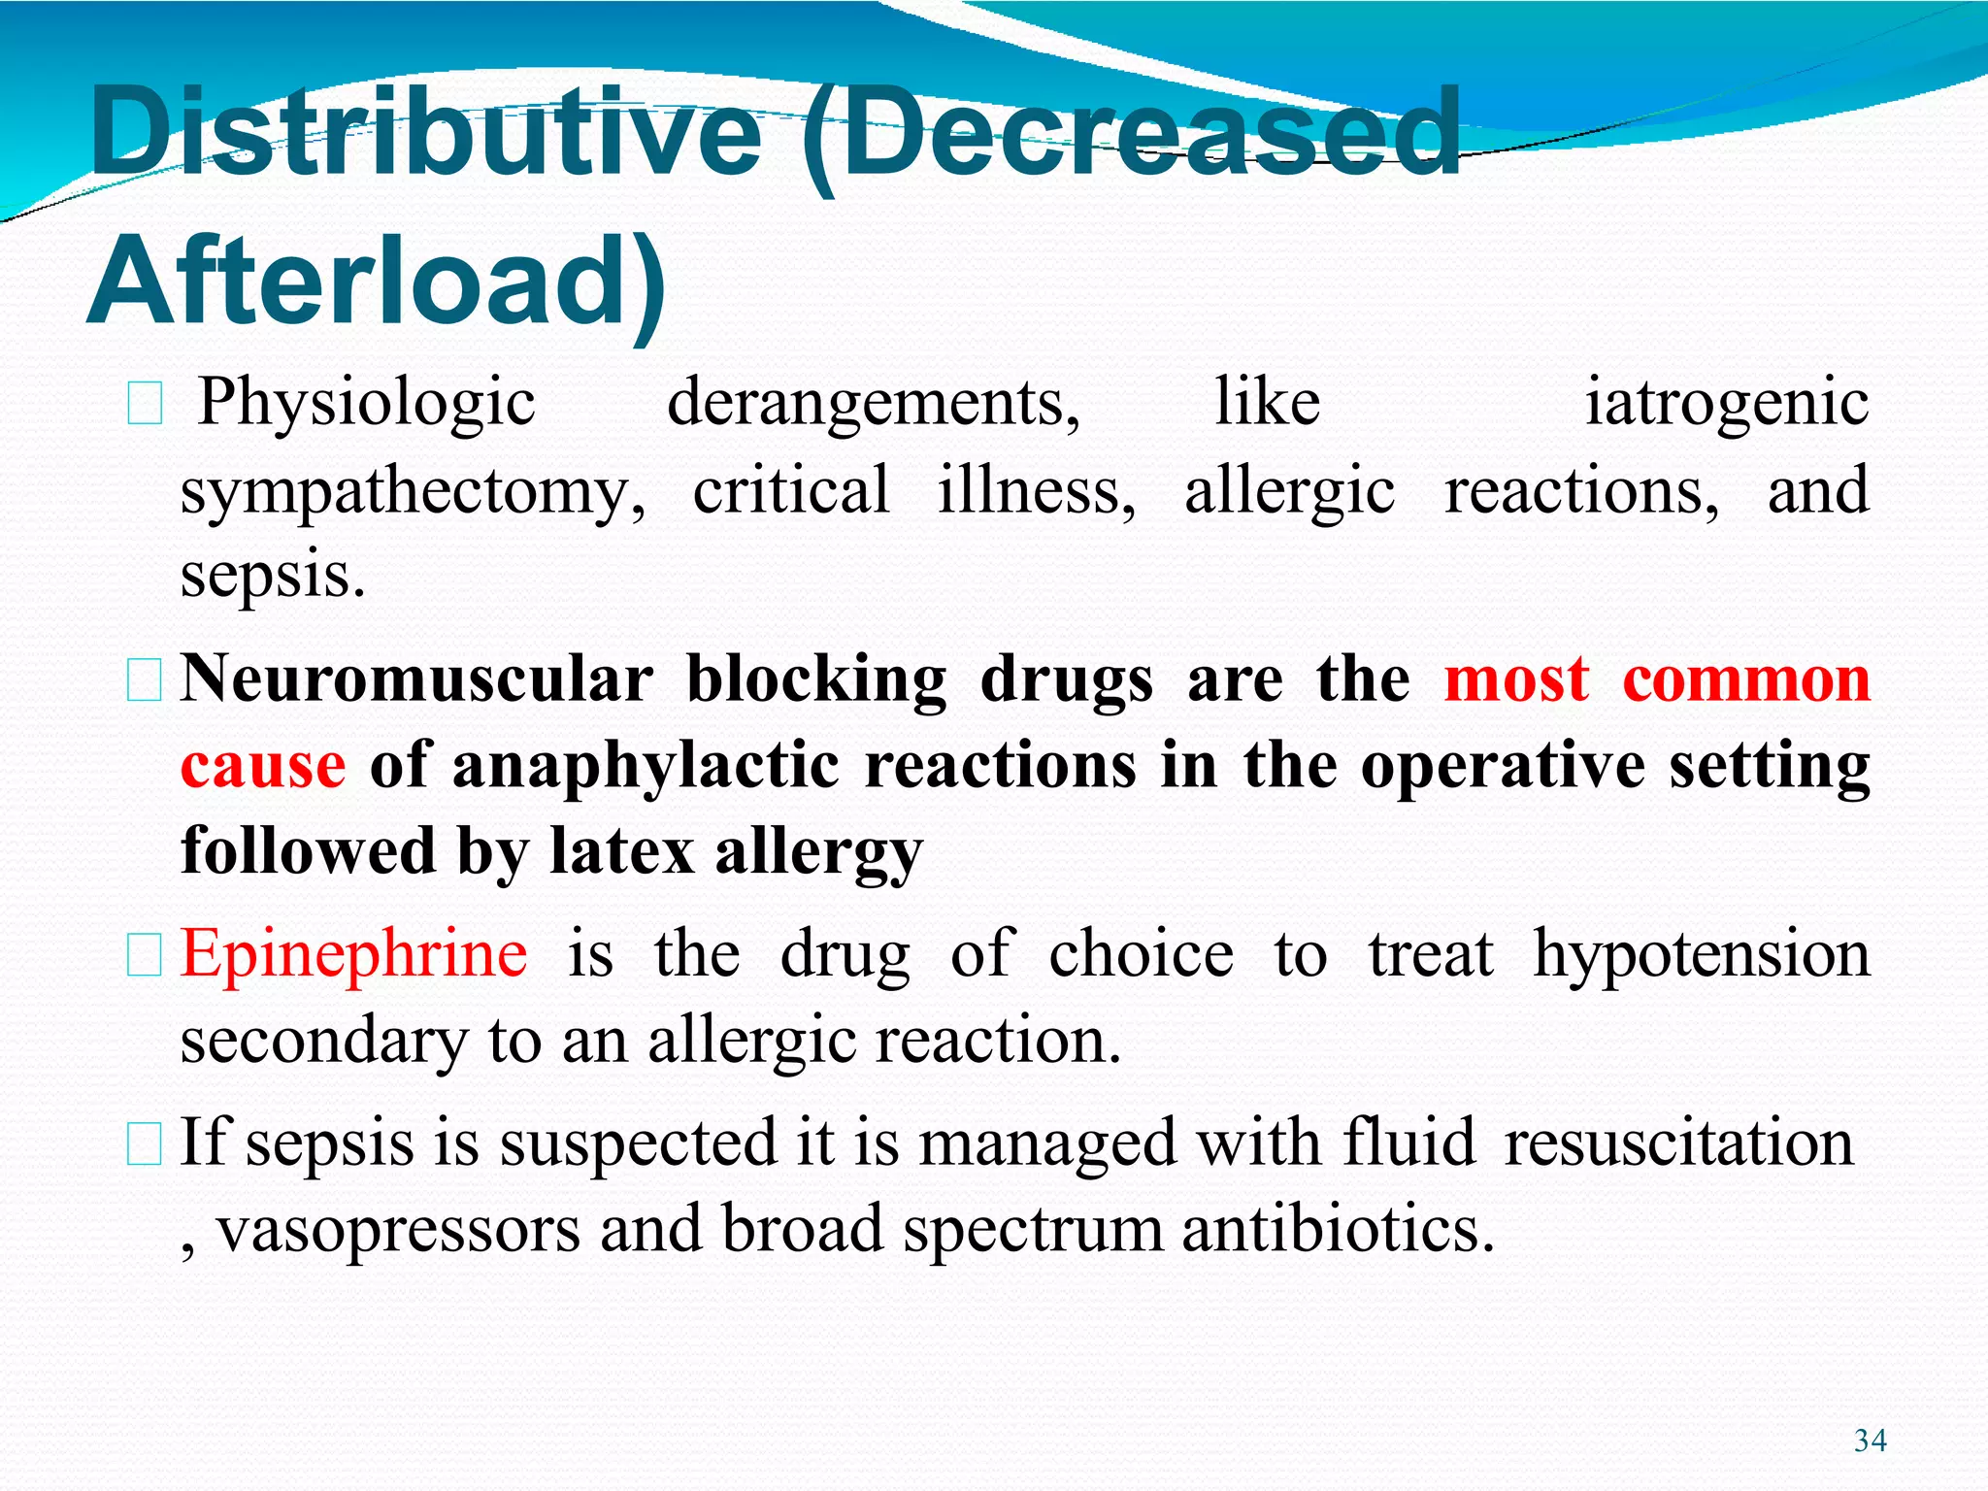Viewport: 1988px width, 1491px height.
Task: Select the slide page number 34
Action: click(1870, 1440)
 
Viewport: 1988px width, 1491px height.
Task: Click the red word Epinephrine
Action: click(354, 954)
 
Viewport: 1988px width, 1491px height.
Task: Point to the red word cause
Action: click(262, 767)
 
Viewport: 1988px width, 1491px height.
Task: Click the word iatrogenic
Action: click(1726, 403)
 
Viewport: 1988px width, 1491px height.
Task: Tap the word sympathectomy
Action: click(413, 492)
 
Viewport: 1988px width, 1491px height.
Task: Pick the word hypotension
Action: click(1701, 954)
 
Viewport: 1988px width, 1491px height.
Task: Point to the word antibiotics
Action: click(1338, 1229)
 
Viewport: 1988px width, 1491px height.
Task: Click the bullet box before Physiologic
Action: click(145, 404)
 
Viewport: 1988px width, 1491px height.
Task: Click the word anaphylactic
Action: click(646, 767)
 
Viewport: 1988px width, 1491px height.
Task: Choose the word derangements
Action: click(874, 403)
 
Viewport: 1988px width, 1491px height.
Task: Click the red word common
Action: click(1745, 679)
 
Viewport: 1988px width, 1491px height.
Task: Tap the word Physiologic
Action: click(367, 403)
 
